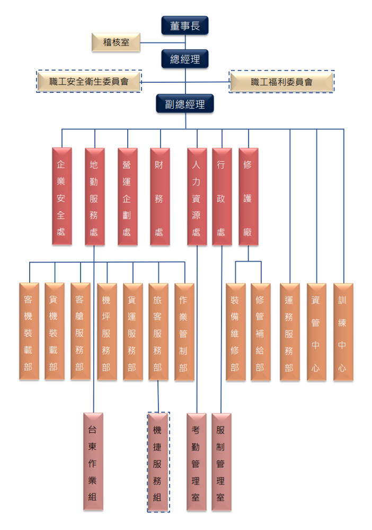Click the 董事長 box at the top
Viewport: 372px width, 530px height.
[185, 25]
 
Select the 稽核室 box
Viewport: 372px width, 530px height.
[116, 42]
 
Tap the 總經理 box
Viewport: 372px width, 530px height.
[185, 59]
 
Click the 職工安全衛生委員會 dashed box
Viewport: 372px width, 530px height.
[89, 81]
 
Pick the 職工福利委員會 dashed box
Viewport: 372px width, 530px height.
[281, 82]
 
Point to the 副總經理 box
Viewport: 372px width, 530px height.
[185, 104]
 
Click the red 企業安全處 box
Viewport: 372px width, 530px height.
[62, 196]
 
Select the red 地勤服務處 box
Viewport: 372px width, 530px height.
[94, 196]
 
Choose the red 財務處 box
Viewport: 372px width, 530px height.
[160, 196]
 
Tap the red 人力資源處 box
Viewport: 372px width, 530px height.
[197, 196]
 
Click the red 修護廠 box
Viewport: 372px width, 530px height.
[248, 196]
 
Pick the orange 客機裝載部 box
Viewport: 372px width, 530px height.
[29, 331]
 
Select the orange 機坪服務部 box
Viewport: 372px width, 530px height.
[107, 331]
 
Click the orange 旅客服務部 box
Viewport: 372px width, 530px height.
[158, 331]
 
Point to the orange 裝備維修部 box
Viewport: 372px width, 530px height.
[235, 331]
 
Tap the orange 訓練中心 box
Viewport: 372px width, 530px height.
[343, 331]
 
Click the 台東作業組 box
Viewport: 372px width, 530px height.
[93, 462]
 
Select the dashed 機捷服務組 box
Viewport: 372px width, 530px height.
[158, 462]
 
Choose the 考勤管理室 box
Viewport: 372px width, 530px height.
[197, 462]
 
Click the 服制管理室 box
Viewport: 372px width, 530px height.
[222, 462]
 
